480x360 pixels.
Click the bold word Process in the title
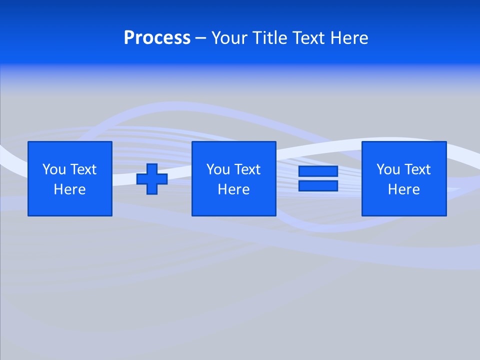[x=157, y=38]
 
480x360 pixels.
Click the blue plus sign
[x=152, y=179]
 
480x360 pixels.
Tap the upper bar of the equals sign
[x=318, y=171]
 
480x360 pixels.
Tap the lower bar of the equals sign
[x=318, y=186]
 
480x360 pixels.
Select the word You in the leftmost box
[x=53, y=169]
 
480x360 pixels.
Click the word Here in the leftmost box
[x=69, y=189]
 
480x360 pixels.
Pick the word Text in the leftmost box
[x=83, y=169]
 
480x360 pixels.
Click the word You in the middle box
[x=217, y=169]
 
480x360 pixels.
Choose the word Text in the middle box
[x=247, y=169]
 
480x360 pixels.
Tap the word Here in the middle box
[x=233, y=189]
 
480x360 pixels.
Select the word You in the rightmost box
[x=387, y=169]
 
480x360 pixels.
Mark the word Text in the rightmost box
[x=417, y=169]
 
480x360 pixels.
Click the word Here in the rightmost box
[x=403, y=189]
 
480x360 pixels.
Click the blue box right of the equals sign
[x=404, y=205]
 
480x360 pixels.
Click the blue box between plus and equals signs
[x=233, y=205]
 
